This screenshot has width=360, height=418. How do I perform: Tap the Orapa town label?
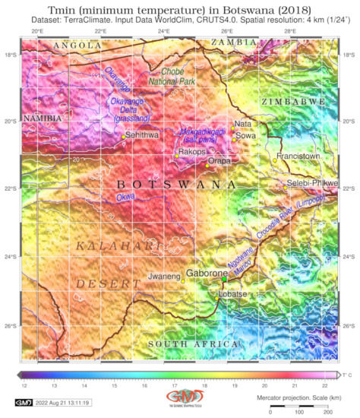pyautogui.click(x=218, y=161)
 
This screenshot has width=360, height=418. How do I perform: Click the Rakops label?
pyautogui.click(x=193, y=151)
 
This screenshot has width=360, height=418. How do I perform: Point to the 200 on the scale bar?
pyautogui.click(x=327, y=411)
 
